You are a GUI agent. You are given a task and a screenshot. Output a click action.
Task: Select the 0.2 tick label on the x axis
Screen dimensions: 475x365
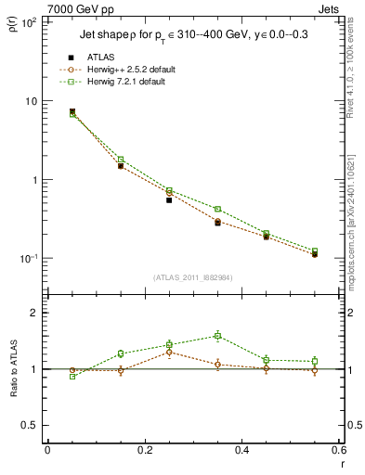(x=144, y=450)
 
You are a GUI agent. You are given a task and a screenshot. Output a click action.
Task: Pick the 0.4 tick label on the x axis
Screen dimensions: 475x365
(x=241, y=450)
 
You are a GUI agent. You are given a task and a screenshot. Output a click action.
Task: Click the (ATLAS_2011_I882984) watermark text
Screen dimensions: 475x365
(x=193, y=277)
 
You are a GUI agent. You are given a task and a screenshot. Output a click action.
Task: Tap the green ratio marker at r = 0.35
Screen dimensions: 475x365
(x=217, y=336)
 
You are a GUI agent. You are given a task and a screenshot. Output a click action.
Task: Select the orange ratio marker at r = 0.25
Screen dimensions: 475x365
(x=169, y=353)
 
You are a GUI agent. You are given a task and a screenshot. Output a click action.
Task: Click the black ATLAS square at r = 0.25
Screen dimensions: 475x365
(x=169, y=199)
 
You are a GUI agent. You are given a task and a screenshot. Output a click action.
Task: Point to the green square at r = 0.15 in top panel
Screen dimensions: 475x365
(x=121, y=160)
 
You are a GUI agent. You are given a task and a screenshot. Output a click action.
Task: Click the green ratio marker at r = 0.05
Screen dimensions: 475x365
(x=72, y=377)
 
